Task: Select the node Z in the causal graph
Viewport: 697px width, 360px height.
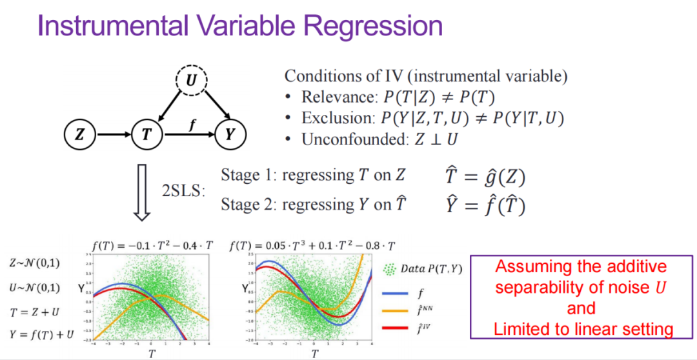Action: point(79,135)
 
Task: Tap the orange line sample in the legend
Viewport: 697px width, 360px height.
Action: point(394,310)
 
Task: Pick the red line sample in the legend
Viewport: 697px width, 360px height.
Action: point(394,329)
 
